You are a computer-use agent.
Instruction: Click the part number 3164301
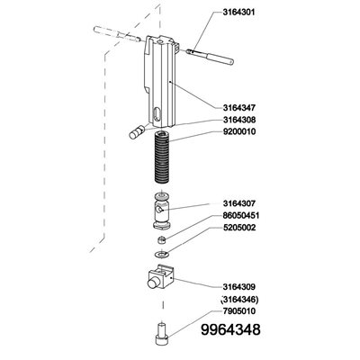point(238,13)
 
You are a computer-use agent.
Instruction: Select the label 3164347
point(238,108)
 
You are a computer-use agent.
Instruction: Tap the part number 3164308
point(238,120)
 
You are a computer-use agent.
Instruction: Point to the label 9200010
point(238,131)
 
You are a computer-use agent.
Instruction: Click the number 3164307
point(238,203)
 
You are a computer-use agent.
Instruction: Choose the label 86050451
point(241,216)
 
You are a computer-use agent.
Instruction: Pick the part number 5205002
point(238,228)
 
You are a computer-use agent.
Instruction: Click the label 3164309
point(238,287)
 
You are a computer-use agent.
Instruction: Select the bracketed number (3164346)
point(239,300)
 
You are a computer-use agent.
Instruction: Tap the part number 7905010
point(238,311)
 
